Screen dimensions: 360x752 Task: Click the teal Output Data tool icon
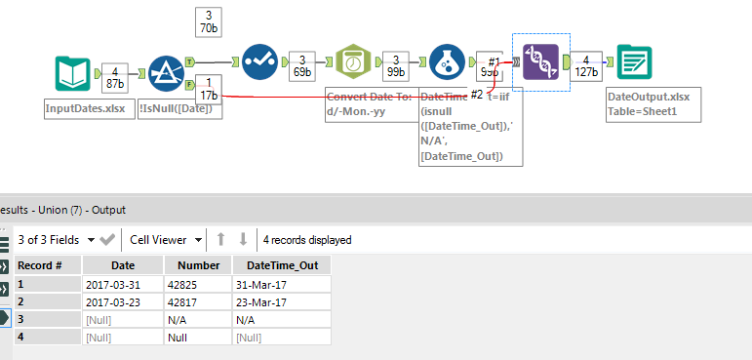633,63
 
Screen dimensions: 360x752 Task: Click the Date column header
123,265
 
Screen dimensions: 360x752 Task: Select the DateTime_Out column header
282,265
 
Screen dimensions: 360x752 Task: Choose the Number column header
198,265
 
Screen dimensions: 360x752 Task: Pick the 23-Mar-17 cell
260,301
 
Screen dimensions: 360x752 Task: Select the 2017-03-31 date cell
114,284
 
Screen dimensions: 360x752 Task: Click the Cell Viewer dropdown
166,239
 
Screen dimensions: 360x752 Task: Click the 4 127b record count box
585,64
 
